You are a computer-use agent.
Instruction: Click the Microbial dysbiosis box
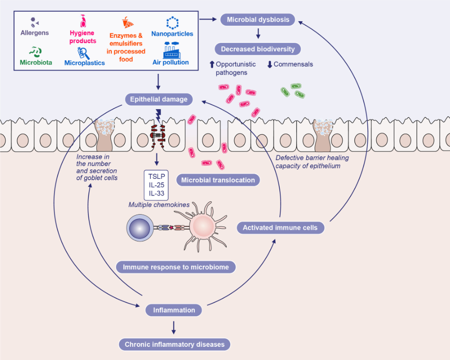click(258, 20)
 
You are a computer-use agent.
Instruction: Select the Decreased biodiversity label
click(258, 49)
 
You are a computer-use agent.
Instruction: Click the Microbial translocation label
click(218, 180)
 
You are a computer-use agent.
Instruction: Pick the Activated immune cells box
click(280, 228)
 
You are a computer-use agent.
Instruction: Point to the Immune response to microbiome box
click(176, 267)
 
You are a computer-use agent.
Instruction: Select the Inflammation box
click(174, 310)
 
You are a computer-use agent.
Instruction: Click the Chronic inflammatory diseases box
click(174, 344)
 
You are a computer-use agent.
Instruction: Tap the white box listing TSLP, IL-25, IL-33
click(156, 185)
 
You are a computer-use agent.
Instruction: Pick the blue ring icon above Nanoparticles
click(172, 23)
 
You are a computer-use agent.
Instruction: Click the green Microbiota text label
click(36, 62)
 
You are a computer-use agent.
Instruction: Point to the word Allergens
click(35, 33)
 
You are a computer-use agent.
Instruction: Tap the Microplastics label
click(85, 63)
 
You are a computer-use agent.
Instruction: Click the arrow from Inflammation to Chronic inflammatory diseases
click(174, 328)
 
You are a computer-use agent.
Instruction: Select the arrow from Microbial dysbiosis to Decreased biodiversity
click(258, 34)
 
